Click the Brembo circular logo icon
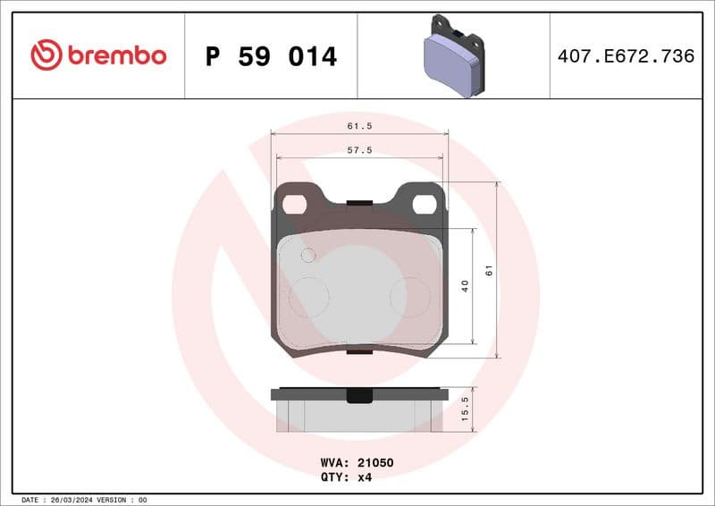click(46, 55)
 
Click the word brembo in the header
click(116, 56)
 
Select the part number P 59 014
click(271, 56)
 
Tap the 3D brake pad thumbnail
click(452, 55)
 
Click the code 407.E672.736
click(626, 56)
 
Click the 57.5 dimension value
click(359, 151)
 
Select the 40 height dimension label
click(465, 286)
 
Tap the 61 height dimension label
click(489, 270)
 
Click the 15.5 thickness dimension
click(465, 409)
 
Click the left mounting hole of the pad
click(294, 205)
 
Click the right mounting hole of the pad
click(424, 205)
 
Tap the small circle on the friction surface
click(308, 256)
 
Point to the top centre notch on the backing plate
click(359, 202)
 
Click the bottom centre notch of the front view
click(359, 352)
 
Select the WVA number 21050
click(376, 463)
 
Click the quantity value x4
click(365, 476)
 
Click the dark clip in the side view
click(359, 395)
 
